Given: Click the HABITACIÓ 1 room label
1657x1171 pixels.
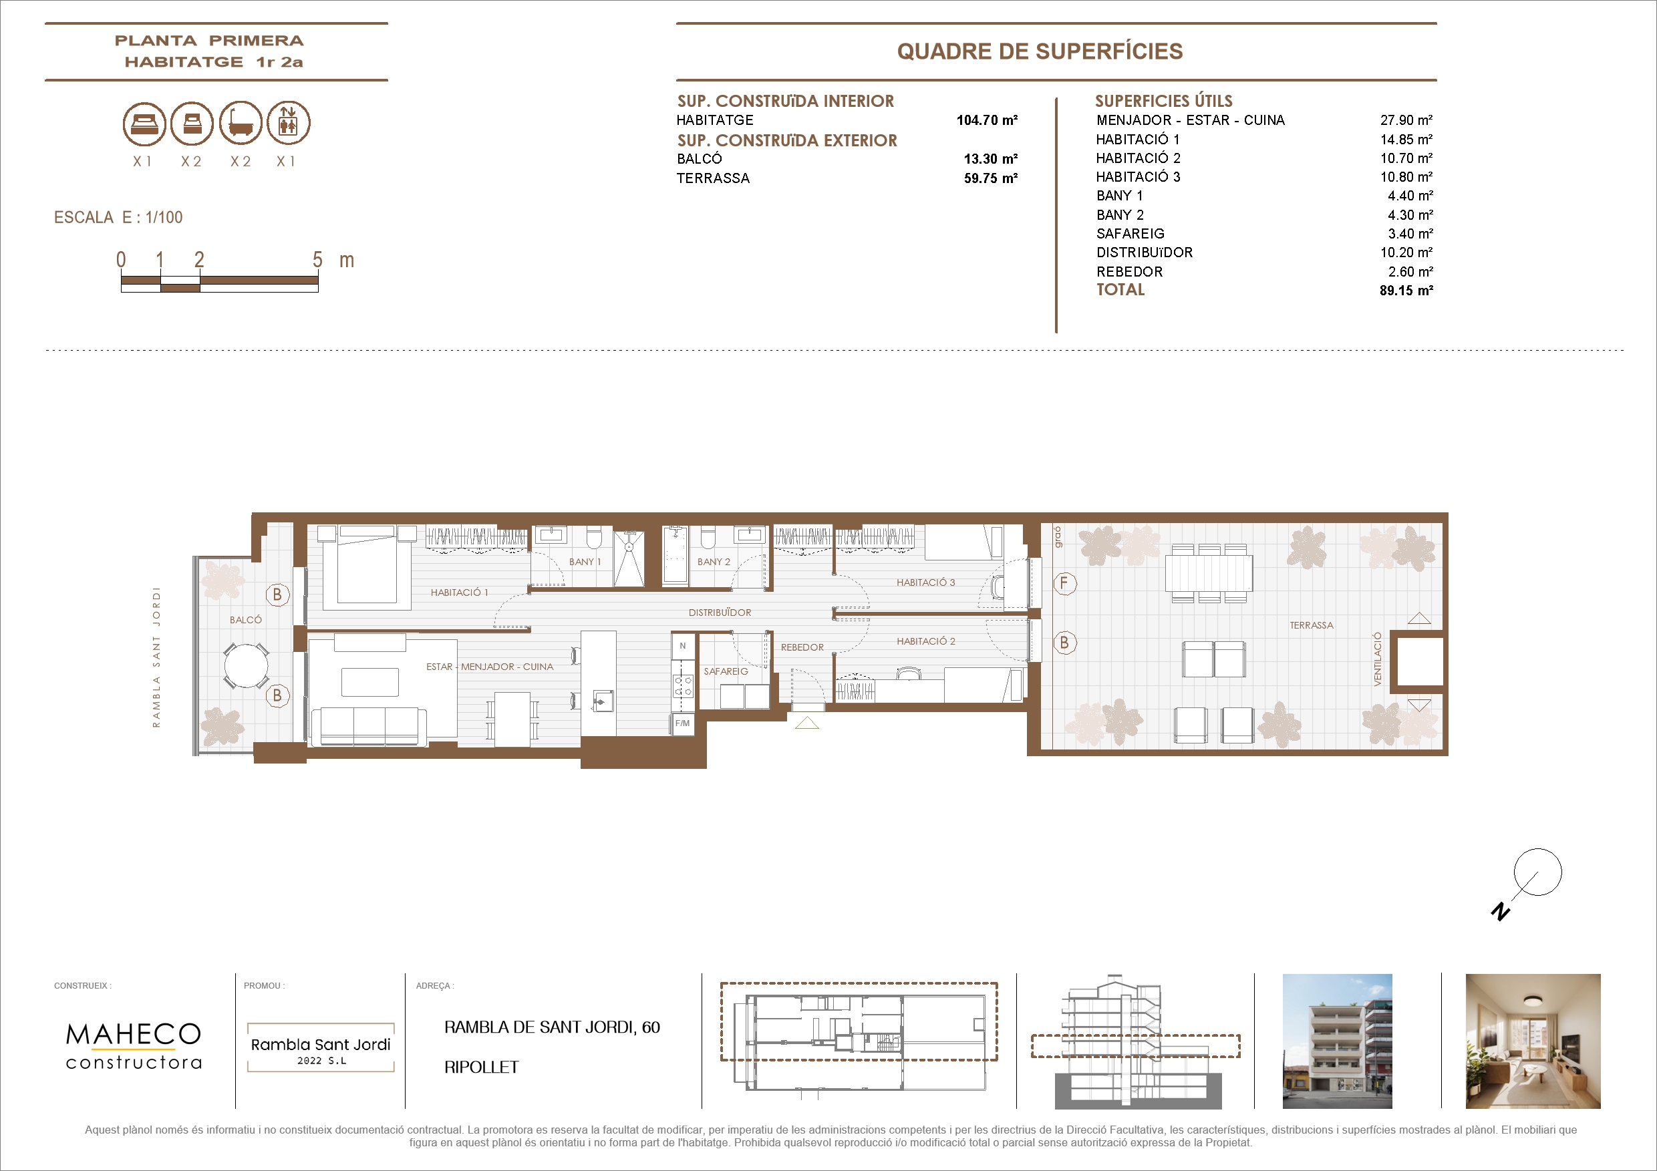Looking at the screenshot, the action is tap(459, 593).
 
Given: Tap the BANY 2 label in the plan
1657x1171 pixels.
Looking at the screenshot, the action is tap(713, 561).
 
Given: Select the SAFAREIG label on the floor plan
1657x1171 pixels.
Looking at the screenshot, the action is tap(726, 671).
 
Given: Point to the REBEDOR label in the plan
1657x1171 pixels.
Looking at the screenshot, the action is tap(802, 647).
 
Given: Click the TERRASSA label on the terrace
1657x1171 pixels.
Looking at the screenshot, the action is tap(1312, 625).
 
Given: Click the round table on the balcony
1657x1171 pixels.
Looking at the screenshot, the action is tap(246, 666).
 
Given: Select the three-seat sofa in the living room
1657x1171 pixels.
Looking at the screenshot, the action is tap(369, 726).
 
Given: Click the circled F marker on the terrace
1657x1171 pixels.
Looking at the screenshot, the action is tap(1064, 583).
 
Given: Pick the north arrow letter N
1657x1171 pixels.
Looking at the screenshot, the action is tap(1501, 912).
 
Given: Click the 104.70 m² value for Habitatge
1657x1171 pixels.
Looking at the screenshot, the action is tap(987, 120).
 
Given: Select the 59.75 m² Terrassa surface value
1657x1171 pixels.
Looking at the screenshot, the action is tap(990, 178).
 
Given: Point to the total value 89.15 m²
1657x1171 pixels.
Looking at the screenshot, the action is tap(1406, 291).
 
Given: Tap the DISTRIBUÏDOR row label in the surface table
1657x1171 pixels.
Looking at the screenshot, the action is tap(1144, 253).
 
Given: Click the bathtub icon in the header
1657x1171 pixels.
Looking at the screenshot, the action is tap(241, 124).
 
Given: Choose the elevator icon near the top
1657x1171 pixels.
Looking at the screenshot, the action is tap(289, 124).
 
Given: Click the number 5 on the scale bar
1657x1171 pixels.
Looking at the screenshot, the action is tap(317, 260).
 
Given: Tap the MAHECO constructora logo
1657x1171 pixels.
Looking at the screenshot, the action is tap(134, 1045).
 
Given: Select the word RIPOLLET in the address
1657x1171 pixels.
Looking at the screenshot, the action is tap(481, 1067).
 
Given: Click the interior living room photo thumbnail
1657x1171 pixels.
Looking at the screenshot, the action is tap(1533, 1041).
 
